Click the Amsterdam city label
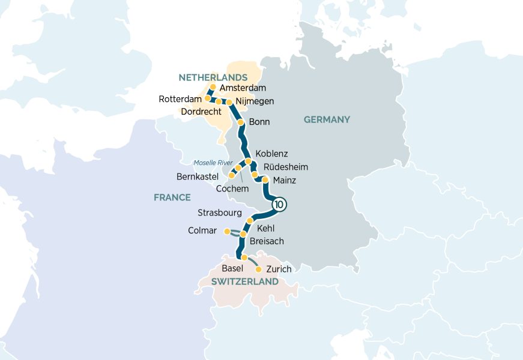(243, 88)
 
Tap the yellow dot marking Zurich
(259, 269)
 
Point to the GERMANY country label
(327, 119)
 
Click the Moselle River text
(213, 163)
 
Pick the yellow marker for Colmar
(226, 231)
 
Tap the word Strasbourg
(220, 212)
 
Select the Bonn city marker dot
(241, 122)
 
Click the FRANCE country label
(172, 197)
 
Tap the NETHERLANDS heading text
(213, 77)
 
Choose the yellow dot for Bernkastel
(231, 175)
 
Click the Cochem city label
(232, 188)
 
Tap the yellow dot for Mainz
(265, 179)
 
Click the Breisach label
(267, 241)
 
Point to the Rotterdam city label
(180, 99)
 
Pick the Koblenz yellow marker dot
(248, 161)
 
